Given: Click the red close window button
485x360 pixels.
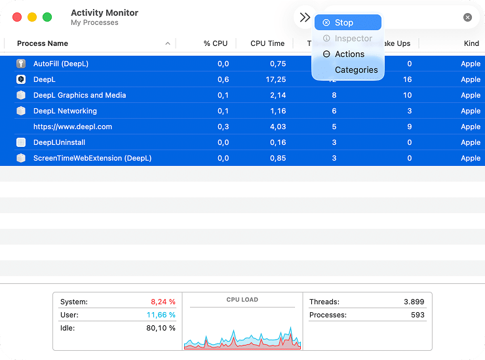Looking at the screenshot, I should pyautogui.click(x=17, y=17).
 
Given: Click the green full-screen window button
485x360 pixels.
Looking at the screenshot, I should pyautogui.click(x=47, y=17).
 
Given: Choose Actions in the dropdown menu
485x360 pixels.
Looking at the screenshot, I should pyautogui.click(x=349, y=54).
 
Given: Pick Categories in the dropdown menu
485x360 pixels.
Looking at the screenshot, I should pyautogui.click(x=356, y=70).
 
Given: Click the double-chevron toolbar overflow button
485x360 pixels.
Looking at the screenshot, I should pyautogui.click(x=305, y=18).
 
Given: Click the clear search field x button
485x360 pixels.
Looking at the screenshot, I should pyautogui.click(x=467, y=18).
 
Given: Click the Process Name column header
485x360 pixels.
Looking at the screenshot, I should pyautogui.click(x=43, y=43).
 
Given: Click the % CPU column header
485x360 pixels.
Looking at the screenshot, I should pyautogui.click(x=215, y=43).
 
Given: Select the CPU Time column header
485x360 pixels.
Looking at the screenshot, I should pyautogui.click(x=267, y=43).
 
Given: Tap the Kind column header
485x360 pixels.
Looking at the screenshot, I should pyautogui.click(x=471, y=43).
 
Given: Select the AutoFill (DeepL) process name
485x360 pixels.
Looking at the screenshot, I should pyautogui.click(x=60, y=64).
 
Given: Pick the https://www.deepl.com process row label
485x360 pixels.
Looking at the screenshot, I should pyautogui.click(x=72, y=127).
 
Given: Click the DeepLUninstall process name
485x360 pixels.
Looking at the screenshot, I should pyautogui.click(x=59, y=142).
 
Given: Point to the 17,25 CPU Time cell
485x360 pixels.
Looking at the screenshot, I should pyautogui.click(x=276, y=79).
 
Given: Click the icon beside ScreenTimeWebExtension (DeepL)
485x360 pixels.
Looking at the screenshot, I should pyautogui.click(x=21, y=158).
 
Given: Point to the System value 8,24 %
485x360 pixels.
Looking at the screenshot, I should pyautogui.click(x=163, y=302).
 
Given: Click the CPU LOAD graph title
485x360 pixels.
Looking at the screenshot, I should pyautogui.click(x=242, y=300).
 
